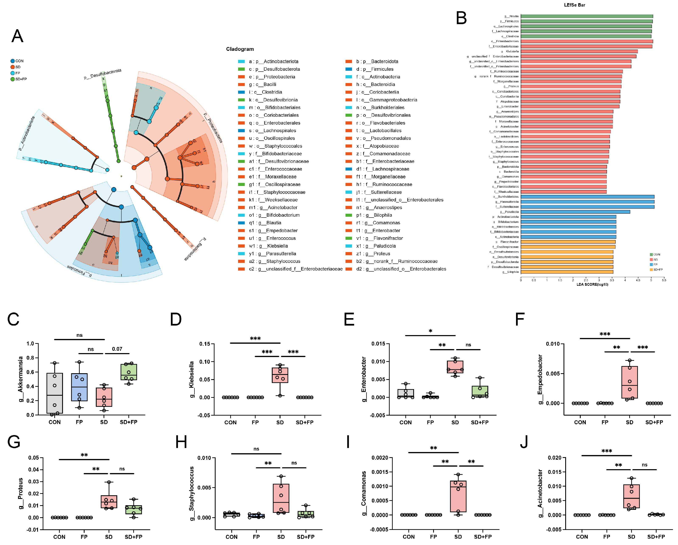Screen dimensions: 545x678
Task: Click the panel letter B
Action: (x=461, y=18)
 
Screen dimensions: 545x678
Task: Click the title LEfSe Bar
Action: (x=574, y=5)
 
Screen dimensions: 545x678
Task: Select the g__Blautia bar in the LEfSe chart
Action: (x=586, y=16)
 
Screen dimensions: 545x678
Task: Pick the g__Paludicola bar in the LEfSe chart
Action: (x=575, y=212)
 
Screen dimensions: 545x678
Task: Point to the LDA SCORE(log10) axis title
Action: (x=592, y=284)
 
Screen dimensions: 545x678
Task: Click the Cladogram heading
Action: (x=240, y=49)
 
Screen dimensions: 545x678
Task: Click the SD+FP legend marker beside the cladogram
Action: (x=13, y=79)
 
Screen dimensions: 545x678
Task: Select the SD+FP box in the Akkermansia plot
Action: (x=129, y=372)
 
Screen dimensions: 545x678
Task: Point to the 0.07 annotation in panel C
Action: (x=117, y=349)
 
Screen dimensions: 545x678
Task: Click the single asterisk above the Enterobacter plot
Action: (x=430, y=331)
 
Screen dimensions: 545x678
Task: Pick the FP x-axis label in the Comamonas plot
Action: (x=433, y=537)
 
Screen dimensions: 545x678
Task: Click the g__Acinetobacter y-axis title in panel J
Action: (x=540, y=493)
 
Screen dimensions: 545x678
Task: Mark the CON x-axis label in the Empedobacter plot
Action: (x=580, y=422)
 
